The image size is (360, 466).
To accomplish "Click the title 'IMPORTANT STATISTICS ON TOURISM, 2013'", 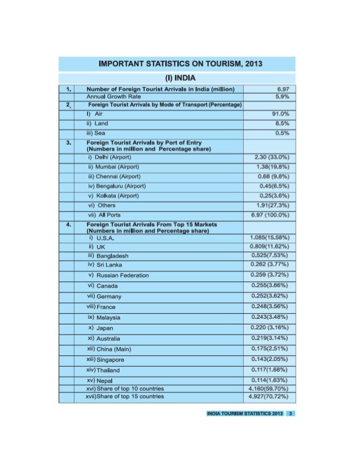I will (x=180, y=63).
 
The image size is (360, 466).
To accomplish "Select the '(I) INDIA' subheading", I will (x=180, y=77).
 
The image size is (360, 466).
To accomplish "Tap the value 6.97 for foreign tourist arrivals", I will (x=281, y=89).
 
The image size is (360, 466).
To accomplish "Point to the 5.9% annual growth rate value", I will (x=281, y=96).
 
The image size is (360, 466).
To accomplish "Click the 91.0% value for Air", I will (x=280, y=113).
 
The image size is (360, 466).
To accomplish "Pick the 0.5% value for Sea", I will (x=282, y=133).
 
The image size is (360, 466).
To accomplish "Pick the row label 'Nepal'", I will (x=98, y=381).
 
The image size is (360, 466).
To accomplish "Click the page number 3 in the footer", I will (x=289, y=413).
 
